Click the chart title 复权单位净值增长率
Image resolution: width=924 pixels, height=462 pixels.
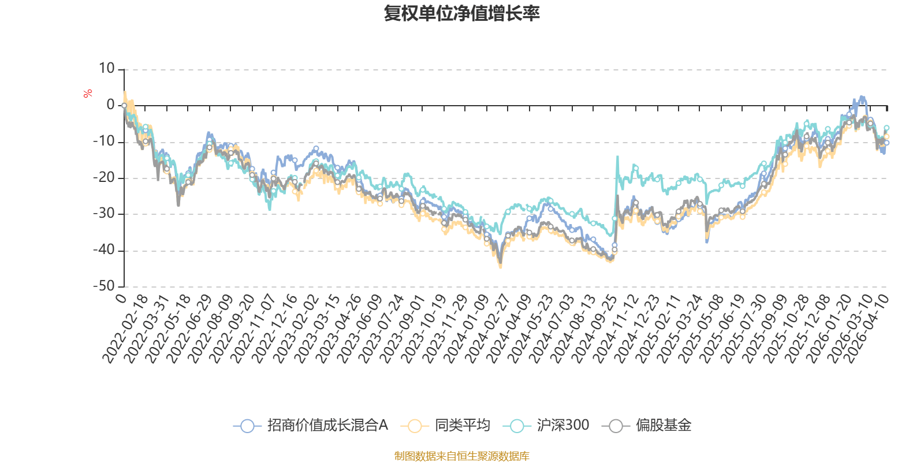click(461, 13)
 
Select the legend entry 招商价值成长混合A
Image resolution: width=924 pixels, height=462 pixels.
click(327, 426)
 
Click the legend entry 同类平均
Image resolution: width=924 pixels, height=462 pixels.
click(462, 426)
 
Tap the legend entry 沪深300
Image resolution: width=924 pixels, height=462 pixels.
click(562, 426)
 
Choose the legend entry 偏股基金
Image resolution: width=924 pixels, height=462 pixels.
click(663, 426)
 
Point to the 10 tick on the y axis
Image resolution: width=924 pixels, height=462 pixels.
click(107, 69)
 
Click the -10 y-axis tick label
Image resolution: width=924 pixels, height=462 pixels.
click(105, 142)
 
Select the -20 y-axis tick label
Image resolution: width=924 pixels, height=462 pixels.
click(105, 178)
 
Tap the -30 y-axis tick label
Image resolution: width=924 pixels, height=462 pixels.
click(105, 214)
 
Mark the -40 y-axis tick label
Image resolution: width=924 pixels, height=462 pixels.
click(105, 251)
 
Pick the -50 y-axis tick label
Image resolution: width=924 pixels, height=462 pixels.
click(105, 286)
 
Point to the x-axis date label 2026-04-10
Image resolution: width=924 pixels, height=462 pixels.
click(866, 329)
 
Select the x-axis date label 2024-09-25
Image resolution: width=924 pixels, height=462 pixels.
click(595, 329)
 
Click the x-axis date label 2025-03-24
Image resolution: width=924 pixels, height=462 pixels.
click(680, 329)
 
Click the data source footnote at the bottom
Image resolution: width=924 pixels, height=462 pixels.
click(461, 456)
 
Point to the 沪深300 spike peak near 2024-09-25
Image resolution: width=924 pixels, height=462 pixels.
click(617, 156)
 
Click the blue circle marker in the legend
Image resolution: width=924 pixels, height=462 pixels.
click(247, 426)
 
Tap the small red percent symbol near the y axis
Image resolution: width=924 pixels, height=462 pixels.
click(88, 94)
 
